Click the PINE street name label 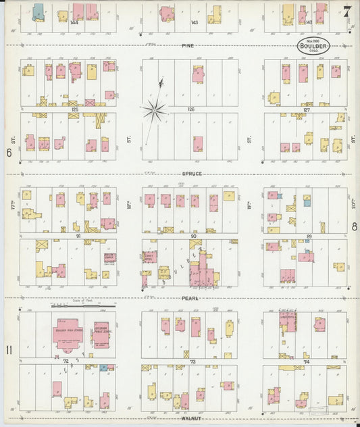click(x=188, y=46)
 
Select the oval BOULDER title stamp click(x=314, y=47)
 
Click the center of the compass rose click(x=156, y=108)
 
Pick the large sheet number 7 click(x=346, y=11)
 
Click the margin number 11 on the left click(x=10, y=349)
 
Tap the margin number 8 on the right click(x=354, y=227)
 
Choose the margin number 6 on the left click(x=9, y=152)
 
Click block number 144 click(x=74, y=22)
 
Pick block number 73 click(x=192, y=363)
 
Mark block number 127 click(x=307, y=109)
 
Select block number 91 click(x=78, y=236)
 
